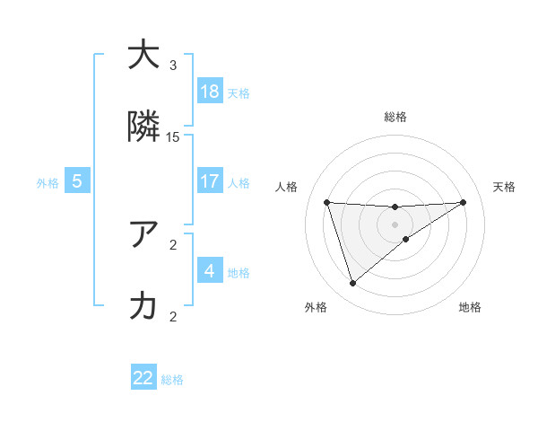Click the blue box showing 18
tap(210, 91)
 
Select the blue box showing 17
tap(210, 181)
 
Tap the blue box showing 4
tap(210, 270)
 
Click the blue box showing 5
tap(77, 181)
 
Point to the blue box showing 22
tap(143, 378)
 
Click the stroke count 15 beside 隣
tap(173, 136)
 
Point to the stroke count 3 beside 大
tap(173, 65)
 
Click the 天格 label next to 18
tap(239, 92)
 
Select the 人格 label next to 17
tap(239, 182)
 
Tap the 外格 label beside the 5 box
tap(48, 182)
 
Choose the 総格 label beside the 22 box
tap(172, 380)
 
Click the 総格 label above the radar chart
tap(395, 117)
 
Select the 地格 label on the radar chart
tap(470, 307)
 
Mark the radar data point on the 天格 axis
tap(464, 202)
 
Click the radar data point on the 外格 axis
tap(352, 284)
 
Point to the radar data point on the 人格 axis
tap(327, 202)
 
